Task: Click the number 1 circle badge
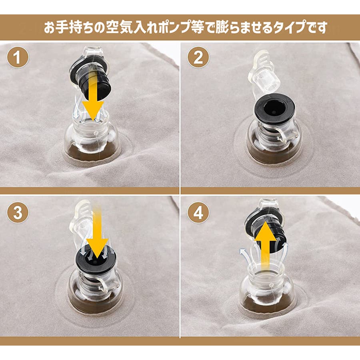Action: coord(18,57)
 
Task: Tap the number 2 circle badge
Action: coord(198,57)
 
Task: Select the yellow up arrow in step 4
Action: coord(266,243)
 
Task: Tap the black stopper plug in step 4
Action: coord(266,232)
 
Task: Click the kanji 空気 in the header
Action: coord(120,27)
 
